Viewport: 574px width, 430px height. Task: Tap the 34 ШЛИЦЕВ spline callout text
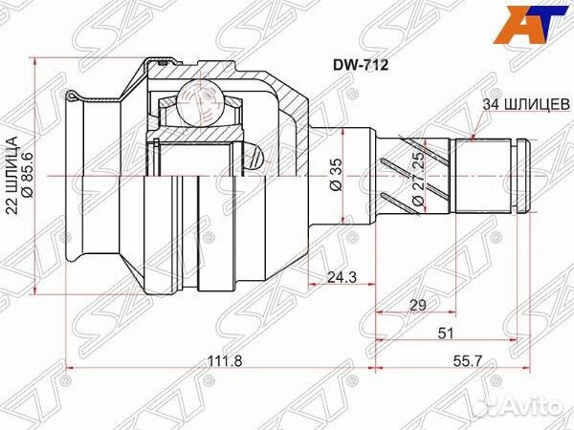(526, 105)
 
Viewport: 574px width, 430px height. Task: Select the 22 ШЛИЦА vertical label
(12, 175)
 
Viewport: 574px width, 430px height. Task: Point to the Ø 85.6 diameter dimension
(28, 175)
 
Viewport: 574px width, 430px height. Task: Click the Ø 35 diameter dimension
(337, 175)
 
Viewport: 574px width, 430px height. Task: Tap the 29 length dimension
(417, 305)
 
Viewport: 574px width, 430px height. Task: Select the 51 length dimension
(446, 333)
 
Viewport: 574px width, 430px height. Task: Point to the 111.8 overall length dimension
(225, 364)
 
